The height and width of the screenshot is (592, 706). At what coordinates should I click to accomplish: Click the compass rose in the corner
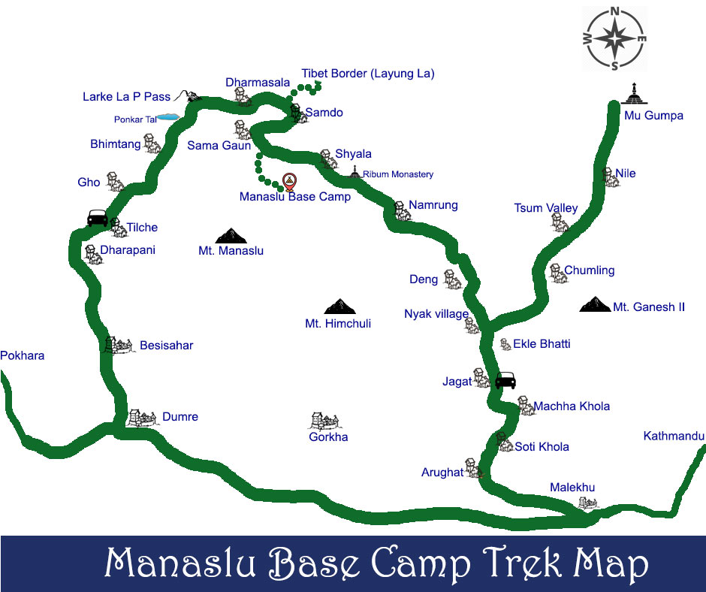tap(615, 38)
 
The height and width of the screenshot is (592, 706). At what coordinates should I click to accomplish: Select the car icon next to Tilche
tap(98, 218)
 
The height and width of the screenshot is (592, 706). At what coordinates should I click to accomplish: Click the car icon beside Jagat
tap(505, 379)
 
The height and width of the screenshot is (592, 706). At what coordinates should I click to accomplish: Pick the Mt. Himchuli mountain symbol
tap(338, 306)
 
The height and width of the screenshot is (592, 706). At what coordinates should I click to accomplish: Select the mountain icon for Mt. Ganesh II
tap(596, 304)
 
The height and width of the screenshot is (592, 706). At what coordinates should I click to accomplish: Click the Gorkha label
tap(328, 436)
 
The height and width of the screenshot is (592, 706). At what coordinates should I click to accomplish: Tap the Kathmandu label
tap(674, 436)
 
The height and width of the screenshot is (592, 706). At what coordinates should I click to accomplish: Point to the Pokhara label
tap(23, 355)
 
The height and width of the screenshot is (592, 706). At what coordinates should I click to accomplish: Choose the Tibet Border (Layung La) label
tap(368, 74)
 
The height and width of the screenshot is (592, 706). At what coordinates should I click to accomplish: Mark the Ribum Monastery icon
tap(355, 173)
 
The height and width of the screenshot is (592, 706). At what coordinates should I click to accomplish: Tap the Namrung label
tap(433, 205)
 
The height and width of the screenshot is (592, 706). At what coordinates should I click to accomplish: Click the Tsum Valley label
tap(546, 208)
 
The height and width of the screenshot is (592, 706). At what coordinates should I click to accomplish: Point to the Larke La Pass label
tap(126, 97)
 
